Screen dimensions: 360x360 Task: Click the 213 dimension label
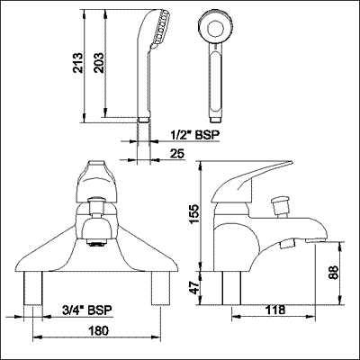(77, 63)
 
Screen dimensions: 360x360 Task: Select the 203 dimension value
(98, 63)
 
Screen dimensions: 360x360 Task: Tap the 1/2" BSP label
(195, 135)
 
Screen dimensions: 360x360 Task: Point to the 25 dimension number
(177, 154)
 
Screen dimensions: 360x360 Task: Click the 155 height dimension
(193, 213)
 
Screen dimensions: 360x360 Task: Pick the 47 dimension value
(195, 288)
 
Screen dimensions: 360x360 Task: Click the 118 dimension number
(274, 310)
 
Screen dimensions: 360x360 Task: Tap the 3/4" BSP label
(87, 310)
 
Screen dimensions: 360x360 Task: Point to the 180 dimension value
(98, 331)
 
